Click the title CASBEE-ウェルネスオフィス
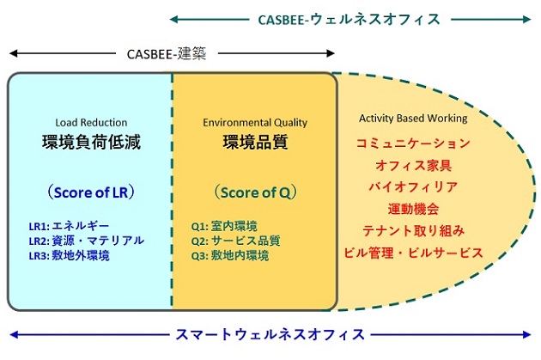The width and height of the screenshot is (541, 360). (x=349, y=19)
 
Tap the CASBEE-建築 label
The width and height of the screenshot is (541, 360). (x=167, y=54)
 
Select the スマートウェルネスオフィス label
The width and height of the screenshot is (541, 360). (x=270, y=334)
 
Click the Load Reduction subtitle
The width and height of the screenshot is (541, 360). (x=91, y=123)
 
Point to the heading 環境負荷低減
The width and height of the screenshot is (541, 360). (x=91, y=142)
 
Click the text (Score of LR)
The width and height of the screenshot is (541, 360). (x=91, y=192)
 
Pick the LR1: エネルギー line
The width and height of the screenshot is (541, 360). (x=69, y=226)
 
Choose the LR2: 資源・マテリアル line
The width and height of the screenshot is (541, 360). (x=86, y=241)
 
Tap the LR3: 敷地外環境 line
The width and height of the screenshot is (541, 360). (x=69, y=255)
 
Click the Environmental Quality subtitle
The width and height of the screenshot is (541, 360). (x=255, y=123)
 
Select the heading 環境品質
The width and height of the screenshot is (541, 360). (x=255, y=142)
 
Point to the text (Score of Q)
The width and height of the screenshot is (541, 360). (x=255, y=192)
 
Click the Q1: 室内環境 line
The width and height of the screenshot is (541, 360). (x=224, y=227)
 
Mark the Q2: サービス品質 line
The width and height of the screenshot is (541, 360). (x=235, y=241)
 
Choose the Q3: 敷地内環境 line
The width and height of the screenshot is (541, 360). (x=230, y=255)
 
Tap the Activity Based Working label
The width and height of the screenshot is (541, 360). (x=413, y=119)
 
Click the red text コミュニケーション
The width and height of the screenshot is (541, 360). (x=413, y=143)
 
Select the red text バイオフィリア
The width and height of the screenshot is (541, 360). (x=413, y=186)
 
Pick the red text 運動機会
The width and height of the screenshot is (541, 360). (x=413, y=209)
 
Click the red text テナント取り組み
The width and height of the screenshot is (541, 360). (x=413, y=230)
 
